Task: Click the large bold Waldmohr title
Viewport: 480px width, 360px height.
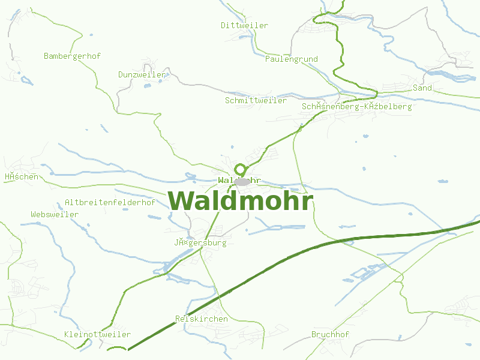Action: (x=240, y=201)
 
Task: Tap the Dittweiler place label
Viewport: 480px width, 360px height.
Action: (x=244, y=25)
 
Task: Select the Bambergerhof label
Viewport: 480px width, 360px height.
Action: (x=72, y=56)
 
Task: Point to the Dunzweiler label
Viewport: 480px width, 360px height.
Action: (x=142, y=74)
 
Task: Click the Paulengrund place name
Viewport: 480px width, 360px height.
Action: (x=292, y=59)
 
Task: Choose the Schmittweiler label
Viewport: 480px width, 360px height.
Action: (x=256, y=100)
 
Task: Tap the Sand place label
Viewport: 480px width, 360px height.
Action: (x=422, y=88)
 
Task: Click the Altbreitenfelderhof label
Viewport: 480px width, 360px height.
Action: (x=110, y=202)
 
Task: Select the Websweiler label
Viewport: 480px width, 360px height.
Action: (x=55, y=214)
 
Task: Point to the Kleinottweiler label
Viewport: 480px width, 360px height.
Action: (x=97, y=334)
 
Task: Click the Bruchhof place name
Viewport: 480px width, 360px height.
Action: (x=330, y=334)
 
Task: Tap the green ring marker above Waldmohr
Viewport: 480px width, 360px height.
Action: (x=241, y=169)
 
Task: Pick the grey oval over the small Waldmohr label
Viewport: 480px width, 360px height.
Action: (x=242, y=181)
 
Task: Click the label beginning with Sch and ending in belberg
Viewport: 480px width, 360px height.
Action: (x=357, y=106)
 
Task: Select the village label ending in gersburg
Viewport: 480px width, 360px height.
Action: (x=200, y=243)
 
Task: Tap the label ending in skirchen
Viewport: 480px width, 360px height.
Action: (x=201, y=319)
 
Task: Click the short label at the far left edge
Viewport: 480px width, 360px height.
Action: (x=21, y=176)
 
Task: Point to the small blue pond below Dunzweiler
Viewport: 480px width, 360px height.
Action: (x=147, y=86)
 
